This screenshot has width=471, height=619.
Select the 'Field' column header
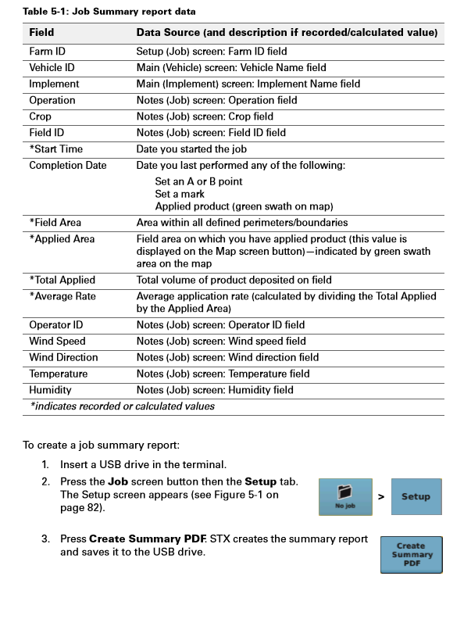click(x=41, y=34)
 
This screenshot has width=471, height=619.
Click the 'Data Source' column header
click(x=286, y=34)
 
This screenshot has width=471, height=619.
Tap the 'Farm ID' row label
click(x=47, y=52)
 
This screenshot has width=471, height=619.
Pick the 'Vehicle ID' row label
click(x=52, y=68)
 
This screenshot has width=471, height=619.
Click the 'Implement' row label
click(x=54, y=84)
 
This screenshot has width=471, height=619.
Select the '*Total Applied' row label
click(x=62, y=280)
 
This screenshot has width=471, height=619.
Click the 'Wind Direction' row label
click(x=63, y=357)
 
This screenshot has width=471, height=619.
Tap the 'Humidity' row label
click(x=50, y=389)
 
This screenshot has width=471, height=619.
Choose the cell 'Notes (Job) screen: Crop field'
click(x=205, y=116)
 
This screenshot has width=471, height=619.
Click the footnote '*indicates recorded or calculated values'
click(x=122, y=406)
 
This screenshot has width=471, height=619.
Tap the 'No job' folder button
click(x=345, y=496)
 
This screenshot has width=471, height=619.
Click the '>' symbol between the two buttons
click(x=381, y=496)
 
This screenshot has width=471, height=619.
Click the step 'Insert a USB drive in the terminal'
click(x=143, y=464)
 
